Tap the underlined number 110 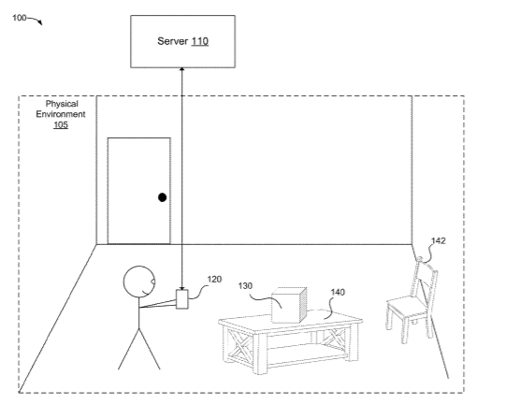coord(200,41)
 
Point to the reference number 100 coord(20,18)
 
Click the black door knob coord(163,197)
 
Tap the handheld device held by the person coord(182,299)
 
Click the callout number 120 coord(214,279)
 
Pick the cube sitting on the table coord(289,305)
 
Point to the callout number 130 coord(245,285)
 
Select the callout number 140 coord(338,292)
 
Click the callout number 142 coord(439,241)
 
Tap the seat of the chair coord(407,305)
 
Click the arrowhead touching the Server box coord(182,69)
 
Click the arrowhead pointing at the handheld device coord(182,288)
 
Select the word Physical coord(62,104)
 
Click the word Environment coord(61,114)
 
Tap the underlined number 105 coord(61,124)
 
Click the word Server coord(173,41)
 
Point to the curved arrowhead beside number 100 coord(40,22)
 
